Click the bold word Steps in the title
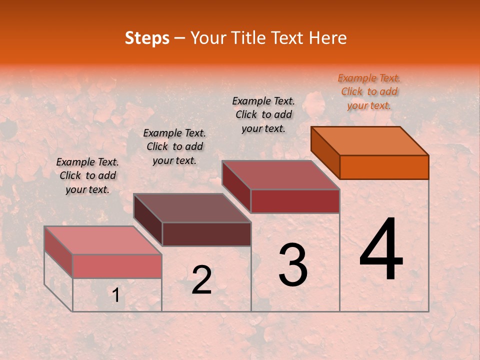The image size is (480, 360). (x=147, y=38)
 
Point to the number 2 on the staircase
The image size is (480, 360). (x=202, y=280)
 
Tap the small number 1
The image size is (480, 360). (x=115, y=295)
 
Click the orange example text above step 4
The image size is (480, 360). (x=369, y=91)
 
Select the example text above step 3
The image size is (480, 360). (x=263, y=114)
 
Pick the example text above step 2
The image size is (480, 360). (x=174, y=146)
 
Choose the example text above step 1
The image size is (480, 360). (x=87, y=175)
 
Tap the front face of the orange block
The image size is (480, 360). (x=384, y=167)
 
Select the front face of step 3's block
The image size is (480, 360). (x=295, y=201)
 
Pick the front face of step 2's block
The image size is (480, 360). (x=206, y=234)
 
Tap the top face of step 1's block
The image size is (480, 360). (x=103, y=240)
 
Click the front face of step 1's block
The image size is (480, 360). (x=117, y=266)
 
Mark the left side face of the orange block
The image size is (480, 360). (x=325, y=152)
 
